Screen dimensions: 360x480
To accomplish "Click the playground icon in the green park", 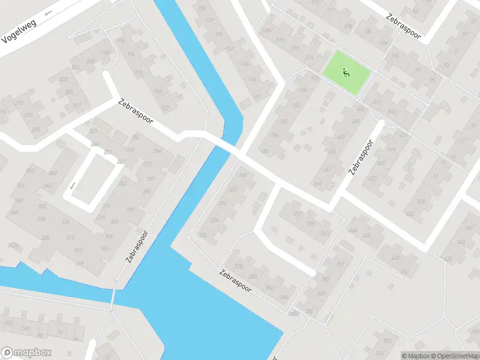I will [x=346, y=73].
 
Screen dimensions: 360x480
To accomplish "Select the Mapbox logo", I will [x=26, y=352].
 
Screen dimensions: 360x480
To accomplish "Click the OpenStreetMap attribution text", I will [x=452, y=356].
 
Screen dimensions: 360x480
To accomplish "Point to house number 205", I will [x=69, y=92].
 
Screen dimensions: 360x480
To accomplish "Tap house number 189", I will [x=158, y=91].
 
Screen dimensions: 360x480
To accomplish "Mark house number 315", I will [x=77, y=250].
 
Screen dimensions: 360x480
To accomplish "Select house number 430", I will [x=395, y=257].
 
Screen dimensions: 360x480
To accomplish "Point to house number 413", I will [x=392, y=111].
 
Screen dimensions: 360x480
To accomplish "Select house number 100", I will [x=25, y=328].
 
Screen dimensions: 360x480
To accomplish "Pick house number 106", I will [x=368, y=31].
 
